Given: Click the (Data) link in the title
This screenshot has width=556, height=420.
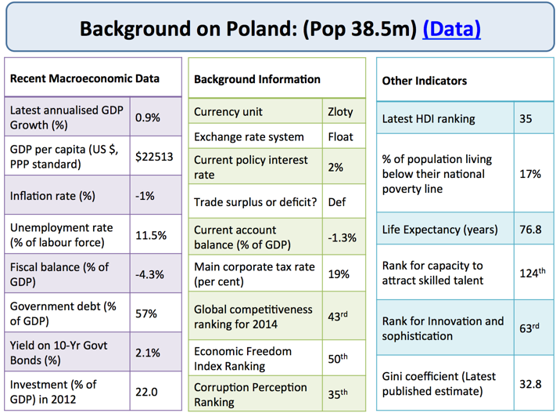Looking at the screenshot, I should pyautogui.click(x=451, y=29).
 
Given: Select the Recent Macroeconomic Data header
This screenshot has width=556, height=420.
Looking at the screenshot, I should pyautogui.click(x=84, y=78).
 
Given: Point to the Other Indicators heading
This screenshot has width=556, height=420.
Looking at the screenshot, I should pyautogui.click(x=425, y=81).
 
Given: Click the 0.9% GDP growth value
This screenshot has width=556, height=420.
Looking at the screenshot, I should pyautogui.click(x=148, y=118).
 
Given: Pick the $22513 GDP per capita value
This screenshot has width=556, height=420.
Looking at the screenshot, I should pyautogui.click(x=154, y=157).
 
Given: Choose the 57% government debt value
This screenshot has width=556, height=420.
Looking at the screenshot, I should pyautogui.click(x=146, y=313).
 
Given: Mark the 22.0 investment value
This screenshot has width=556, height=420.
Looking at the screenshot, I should pyautogui.click(x=146, y=391).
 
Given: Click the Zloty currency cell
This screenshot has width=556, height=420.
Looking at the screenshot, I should pyautogui.click(x=340, y=111).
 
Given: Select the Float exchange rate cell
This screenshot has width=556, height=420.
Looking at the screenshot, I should pyautogui.click(x=340, y=136).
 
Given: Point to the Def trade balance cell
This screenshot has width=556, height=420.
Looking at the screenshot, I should pyautogui.click(x=337, y=201).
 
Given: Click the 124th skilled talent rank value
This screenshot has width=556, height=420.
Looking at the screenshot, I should pyautogui.click(x=533, y=273).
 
